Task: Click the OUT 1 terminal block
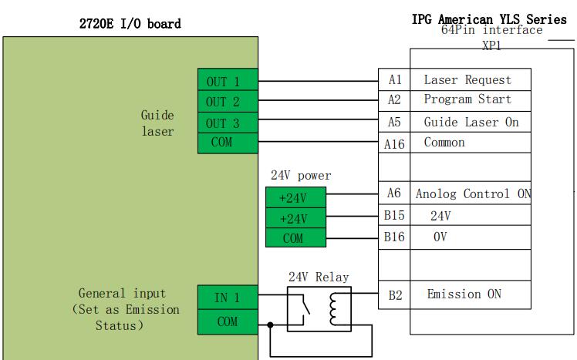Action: (x=222, y=81)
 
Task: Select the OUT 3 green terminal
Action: (x=222, y=123)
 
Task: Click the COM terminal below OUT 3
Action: (x=222, y=143)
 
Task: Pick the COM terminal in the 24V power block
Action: (x=293, y=238)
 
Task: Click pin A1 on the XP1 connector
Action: (x=395, y=80)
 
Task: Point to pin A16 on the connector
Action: (x=395, y=144)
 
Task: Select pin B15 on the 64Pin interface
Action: (x=395, y=217)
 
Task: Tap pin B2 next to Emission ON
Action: (x=395, y=294)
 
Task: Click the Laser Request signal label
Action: (x=467, y=80)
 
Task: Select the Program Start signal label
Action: (x=467, y=99)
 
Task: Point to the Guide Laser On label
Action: (x=471, y=123)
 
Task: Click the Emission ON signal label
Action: (x=464, y=294)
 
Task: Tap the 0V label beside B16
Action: (x=440, y=237)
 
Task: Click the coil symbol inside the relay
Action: (x=334, y=309)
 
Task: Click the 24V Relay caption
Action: (x=318, y=278)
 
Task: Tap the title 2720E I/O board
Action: (x=130, y=24)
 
